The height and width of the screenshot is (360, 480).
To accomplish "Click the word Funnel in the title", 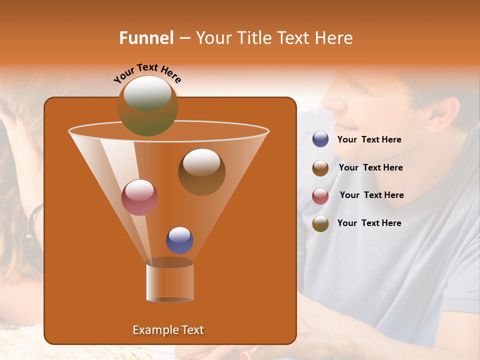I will pos(146,38).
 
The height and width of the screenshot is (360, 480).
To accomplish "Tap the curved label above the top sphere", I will pos(147,73).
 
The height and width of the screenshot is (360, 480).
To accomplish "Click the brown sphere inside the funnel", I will pos(201,171).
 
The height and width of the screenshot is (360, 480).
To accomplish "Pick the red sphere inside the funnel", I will pos(139,197).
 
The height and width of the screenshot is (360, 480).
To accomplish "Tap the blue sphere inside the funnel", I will pos(179,240).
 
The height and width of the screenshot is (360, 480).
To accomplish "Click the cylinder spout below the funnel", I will pos(170,283).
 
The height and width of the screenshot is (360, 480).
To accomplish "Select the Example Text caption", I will pos(168,330).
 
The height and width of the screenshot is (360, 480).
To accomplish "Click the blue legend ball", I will pos(320,139).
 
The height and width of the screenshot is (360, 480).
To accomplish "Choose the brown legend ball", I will pos(320,168).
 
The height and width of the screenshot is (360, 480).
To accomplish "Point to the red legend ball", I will pos(320,196).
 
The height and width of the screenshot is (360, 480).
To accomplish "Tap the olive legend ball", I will pos(320,223).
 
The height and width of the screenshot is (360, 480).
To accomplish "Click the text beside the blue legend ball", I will pos(369,140).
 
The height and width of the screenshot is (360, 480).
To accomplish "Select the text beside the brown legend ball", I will pos(370,168).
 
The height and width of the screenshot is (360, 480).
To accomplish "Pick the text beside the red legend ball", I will pos(371,195).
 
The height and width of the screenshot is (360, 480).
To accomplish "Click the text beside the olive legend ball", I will pos(369,223).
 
